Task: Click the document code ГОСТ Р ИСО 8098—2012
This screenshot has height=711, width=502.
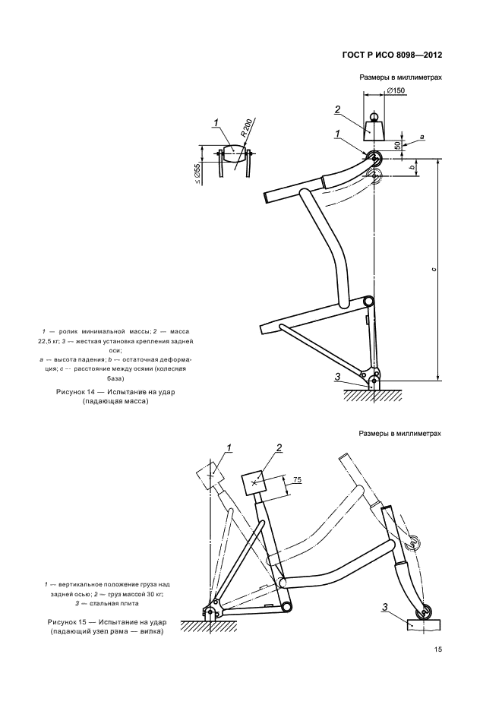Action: (391, 55)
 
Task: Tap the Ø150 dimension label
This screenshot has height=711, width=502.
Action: (396, 90)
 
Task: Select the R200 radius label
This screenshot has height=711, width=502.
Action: (246, 128)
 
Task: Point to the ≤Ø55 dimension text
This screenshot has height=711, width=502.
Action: (197, 174)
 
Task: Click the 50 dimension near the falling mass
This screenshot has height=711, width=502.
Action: (397, 146)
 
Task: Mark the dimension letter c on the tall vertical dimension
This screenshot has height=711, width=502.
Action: (434, 270)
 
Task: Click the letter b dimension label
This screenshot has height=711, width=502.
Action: (412, 167)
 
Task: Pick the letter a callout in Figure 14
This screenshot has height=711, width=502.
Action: (421, 136)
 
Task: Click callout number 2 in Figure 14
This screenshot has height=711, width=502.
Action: (337, 109)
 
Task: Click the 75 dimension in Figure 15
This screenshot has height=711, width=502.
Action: (297, 480)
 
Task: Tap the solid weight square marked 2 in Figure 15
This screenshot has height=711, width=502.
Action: (255, 484)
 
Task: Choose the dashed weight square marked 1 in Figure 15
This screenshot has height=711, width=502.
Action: (210, 476)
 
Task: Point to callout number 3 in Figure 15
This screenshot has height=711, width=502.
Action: (385, 608)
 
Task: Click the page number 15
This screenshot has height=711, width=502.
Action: (438, 649)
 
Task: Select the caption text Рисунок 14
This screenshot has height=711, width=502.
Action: (78, 392)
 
